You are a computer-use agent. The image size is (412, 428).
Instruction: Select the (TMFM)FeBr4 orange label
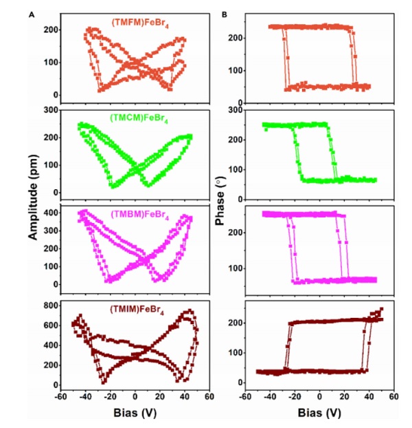pos(140,23)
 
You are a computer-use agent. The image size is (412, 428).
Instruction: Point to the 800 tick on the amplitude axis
pos(51,303)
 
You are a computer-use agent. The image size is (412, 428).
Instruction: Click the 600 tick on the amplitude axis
pos(51,323)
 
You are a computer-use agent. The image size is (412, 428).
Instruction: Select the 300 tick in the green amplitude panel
pos(51,109)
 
